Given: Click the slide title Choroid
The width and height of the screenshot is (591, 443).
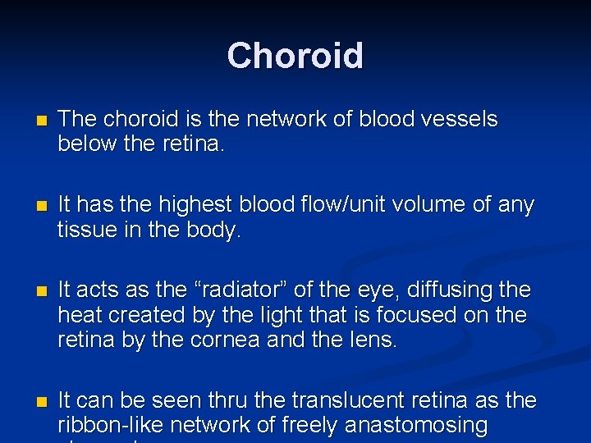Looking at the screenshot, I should [295, 56].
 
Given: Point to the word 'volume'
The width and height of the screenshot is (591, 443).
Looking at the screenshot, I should [453, 204].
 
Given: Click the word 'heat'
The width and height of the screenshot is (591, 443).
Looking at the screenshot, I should [80, 316].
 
